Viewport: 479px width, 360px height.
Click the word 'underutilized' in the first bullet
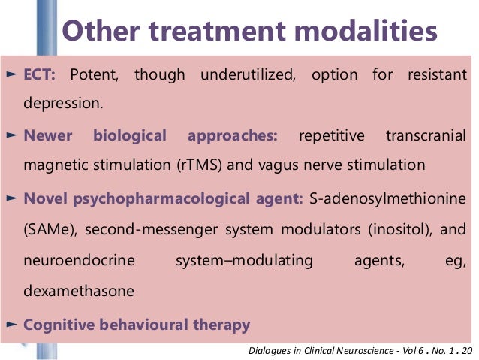(240, 75)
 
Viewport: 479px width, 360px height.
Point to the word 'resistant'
(436, 75)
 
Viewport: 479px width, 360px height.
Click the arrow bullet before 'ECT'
(12, 75)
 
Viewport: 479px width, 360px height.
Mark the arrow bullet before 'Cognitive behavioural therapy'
(12, 325)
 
